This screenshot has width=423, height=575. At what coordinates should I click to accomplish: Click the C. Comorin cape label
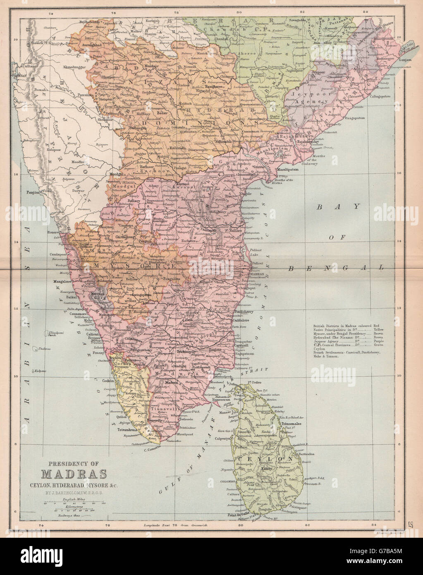coord(152,449)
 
